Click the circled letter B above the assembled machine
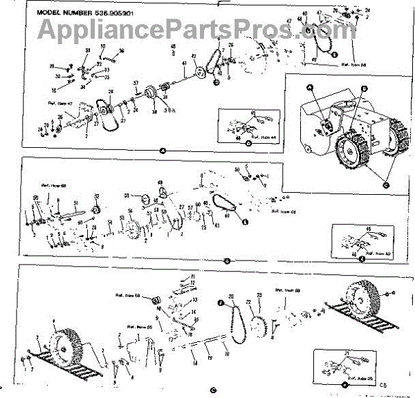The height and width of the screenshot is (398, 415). [363, 89]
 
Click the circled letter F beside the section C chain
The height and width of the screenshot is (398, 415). [220, 303]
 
